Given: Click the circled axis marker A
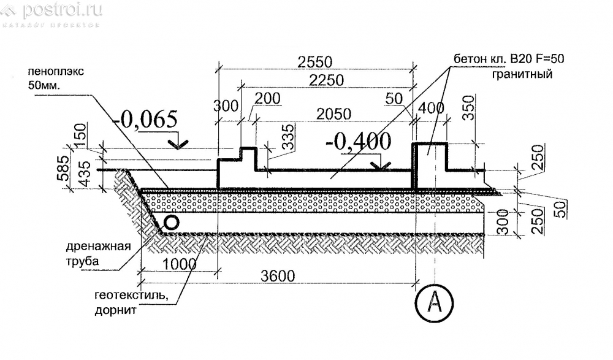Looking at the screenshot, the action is (x=434, y=302).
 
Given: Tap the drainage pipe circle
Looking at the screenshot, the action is (x=171, y=223).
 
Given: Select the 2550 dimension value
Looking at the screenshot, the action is (x=314, y=62).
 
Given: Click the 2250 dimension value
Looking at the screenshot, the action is (x=327, y=80).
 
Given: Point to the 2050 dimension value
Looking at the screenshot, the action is (x=333, y=114).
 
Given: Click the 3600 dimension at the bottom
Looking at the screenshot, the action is (x=278, y=276).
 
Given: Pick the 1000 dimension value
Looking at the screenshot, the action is (x=179, y=264).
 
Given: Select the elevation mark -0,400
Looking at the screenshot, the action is (x=358, y=141).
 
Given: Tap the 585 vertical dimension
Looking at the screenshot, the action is (x=63, y=168).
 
